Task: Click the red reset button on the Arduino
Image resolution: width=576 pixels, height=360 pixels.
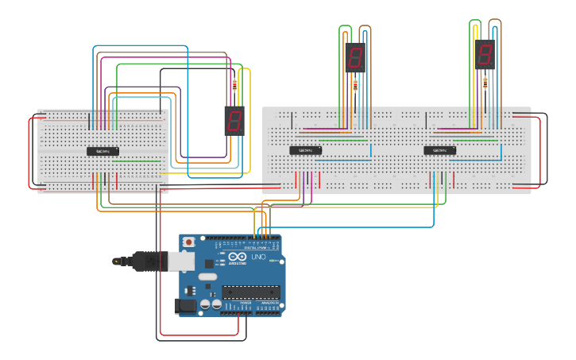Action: point(188,241)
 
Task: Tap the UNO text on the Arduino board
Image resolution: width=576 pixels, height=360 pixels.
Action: point(258,258)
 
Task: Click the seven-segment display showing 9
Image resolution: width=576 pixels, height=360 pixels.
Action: point(485,55)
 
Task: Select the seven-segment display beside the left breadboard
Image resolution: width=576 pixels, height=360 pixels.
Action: point(234,121)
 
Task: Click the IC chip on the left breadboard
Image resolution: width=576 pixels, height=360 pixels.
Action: point(102,151)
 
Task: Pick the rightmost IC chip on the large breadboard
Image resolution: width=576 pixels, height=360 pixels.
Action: point(440,150)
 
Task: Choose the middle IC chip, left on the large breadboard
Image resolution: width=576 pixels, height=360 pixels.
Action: point(305,150)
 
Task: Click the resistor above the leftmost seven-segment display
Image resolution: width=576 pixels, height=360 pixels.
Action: point(234,85)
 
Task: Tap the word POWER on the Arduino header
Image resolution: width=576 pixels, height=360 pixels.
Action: point(245,303)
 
